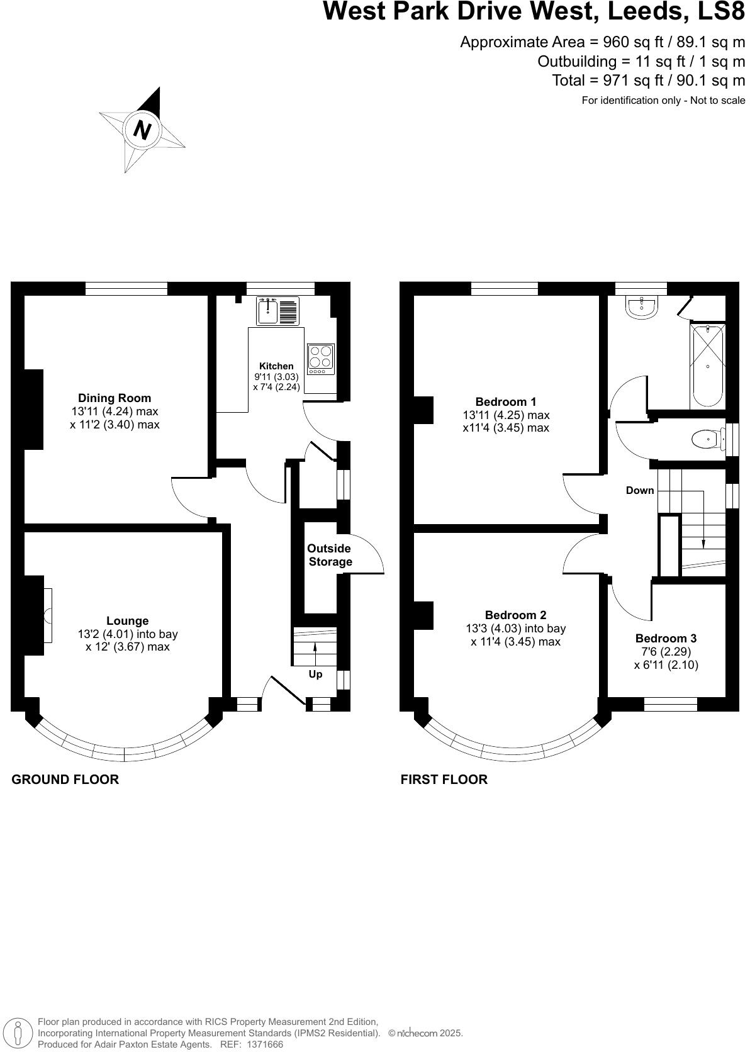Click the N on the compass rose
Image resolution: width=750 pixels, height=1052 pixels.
click(x=143, y=131)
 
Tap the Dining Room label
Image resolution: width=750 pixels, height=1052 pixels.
click(x=115, y=398)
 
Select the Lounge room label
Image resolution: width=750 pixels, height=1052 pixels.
click(x=127, y=621)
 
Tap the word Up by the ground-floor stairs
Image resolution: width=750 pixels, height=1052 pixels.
click(x=315, y=674)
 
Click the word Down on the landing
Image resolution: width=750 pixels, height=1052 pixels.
click(x=640, y=490)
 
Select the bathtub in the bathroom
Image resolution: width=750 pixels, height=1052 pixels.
click(x=708, y=366)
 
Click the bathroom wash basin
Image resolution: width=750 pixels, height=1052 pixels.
click(x=642, y=306)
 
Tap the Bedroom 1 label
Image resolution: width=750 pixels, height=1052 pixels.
click(x=506, y=401)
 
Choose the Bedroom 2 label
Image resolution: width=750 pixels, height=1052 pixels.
click(x=515, y=615)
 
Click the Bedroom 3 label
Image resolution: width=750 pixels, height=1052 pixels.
click(x=666, y=638)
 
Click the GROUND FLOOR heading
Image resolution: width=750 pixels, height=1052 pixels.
click(x=65, y=780)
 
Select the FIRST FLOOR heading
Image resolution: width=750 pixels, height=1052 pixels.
click(x=444, y=780)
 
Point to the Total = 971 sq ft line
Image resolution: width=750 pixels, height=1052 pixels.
click(x=648, y=81)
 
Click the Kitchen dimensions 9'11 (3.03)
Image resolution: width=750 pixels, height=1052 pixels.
click(x=276, y=377)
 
